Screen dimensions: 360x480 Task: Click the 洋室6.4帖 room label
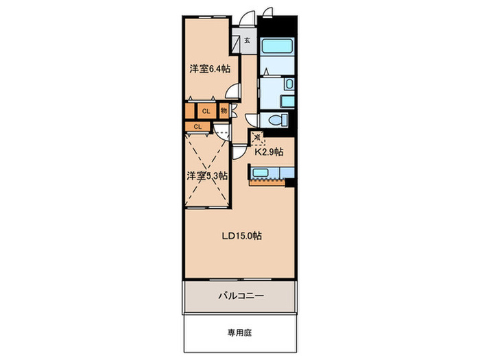[209, 69]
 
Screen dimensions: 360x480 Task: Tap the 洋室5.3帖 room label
[207, 176]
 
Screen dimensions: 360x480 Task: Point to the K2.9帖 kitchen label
[269, 152]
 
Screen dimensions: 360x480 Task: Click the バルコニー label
[241, 296]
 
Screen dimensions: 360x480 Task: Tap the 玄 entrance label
[246, 40]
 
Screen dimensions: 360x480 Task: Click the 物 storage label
[224, 110]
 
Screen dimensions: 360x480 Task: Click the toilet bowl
[278, 119]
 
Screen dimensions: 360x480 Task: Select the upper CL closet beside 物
[205, 110]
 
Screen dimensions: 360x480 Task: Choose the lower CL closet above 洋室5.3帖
[197, 126]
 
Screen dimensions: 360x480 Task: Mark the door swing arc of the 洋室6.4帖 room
[235, 89]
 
